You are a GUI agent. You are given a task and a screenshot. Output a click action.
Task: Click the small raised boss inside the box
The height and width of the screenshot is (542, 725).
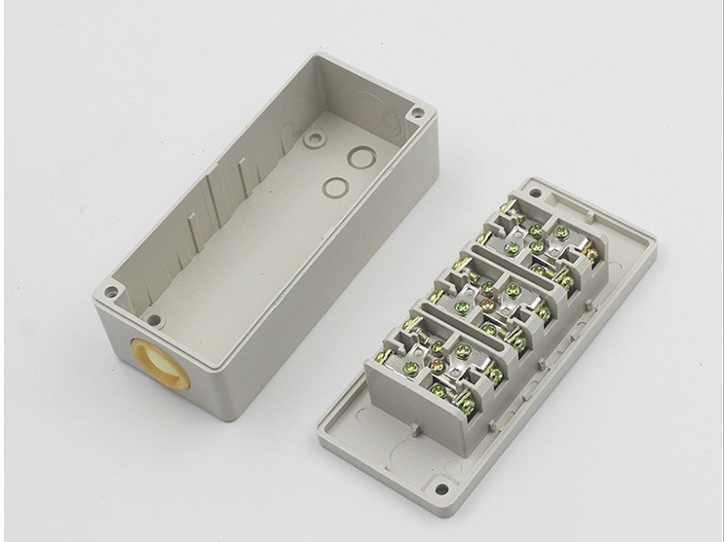[x=313, y=140]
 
